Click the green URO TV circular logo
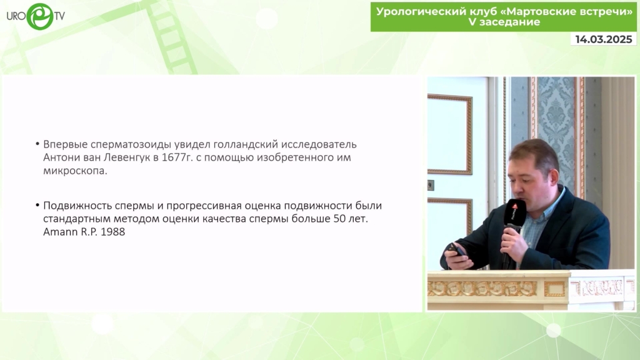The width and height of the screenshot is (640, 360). click(x=40, y=16)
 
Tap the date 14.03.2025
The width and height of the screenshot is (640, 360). click(x=604, y=39)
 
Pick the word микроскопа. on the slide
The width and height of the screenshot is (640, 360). click(x=76, y=171)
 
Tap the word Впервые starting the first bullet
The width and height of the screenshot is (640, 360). click(x=65, y=144)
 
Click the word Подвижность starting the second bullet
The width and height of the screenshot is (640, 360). click(x=77, y=206)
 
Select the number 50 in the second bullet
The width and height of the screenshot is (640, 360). click(x=339, y=219)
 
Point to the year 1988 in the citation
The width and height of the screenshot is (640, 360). click(x=112, y=232)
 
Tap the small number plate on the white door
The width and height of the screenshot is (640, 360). click(x=430, y=185)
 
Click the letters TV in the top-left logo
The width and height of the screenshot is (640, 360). click(x=59, y=16)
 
